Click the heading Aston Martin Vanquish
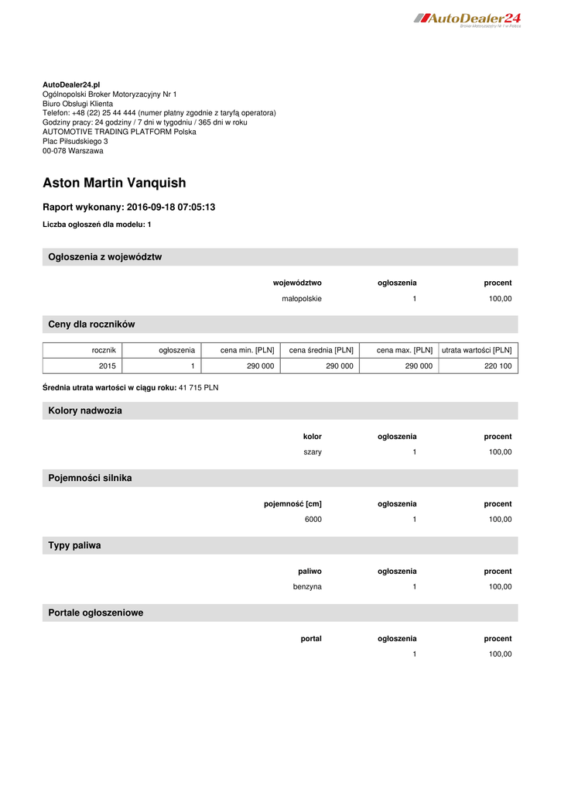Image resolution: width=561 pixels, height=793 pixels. pos(115,184)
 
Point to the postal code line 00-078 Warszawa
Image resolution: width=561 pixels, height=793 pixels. pos(73,151)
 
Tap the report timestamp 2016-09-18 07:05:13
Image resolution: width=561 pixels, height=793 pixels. pos(171,208)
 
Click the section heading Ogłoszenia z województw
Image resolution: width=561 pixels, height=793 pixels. pos(105,257)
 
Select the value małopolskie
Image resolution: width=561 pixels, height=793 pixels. pos(302,299)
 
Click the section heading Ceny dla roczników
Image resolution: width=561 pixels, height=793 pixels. pos(92,324)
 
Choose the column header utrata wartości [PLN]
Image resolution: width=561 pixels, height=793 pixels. pos(477,351)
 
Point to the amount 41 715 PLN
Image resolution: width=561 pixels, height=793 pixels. pos(199,387)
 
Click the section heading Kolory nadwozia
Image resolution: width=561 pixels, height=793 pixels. pos(85,411)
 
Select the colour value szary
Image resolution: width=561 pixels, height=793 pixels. pos(313,452)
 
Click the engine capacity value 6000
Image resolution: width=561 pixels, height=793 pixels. pos(313,520)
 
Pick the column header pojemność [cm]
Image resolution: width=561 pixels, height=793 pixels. pos(292,504)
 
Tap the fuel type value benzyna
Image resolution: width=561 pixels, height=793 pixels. pos(307,587)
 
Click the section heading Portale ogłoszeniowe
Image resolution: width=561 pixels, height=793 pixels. pos(96,613)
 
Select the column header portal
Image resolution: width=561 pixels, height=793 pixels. pos(311,639)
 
